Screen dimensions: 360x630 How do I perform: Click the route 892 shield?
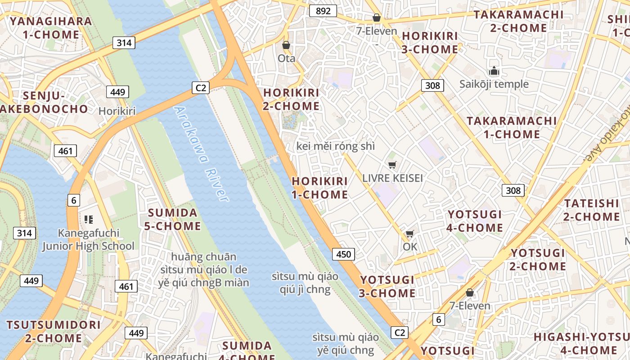[x=323, y=11]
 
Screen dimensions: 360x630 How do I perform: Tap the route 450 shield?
[x=343, y=254]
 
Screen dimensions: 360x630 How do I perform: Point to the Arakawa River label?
[x=201, y=153]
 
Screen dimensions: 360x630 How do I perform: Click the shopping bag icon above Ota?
[x=286, y=45]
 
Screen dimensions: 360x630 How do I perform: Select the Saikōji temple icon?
[x=494, y=71]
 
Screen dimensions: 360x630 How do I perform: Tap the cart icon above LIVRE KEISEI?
[x=392, y=165]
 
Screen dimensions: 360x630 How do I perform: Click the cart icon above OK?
[x=409, y=234]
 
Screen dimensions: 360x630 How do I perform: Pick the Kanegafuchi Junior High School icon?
[x=88, y=220]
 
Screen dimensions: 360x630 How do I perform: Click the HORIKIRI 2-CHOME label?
[x=291, y=99]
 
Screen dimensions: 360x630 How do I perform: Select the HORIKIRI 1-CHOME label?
[x=320, y=188]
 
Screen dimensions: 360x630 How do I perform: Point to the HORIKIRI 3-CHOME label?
[x=429, y=42]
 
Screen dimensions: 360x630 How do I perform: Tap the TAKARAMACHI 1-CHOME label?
[x=512, y=127]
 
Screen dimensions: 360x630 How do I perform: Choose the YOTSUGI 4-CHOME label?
[x=474, y=220]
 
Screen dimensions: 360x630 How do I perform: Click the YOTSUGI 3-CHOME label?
[x=387, y=286]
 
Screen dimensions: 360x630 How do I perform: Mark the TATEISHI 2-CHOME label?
[x=592, y=210]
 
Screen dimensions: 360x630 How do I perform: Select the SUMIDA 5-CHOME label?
[x=172, y=219]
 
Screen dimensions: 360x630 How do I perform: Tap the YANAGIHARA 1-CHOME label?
[x=51, y=28]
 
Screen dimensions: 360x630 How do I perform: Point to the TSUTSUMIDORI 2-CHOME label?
[x=54, y=331]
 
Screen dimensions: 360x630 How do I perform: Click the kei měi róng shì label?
[x=335, y=146]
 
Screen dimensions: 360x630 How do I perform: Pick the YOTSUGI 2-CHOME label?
[x=538, y=259]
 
